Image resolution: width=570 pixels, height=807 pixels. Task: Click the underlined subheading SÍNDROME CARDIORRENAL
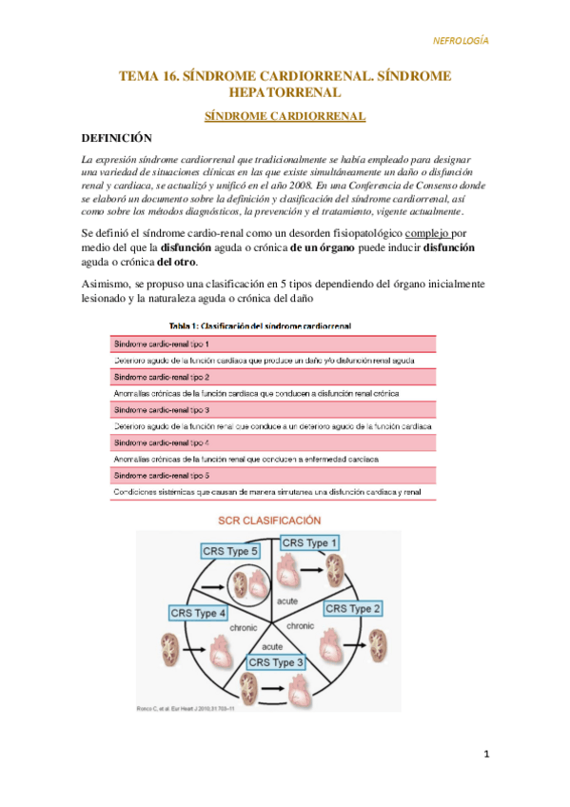coord(285,116)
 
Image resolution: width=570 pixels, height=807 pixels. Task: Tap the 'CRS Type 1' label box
coord(309,542)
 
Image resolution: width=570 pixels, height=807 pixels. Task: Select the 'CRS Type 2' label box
coord(354,608)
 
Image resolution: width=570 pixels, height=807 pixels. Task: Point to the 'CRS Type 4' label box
coord(198,613)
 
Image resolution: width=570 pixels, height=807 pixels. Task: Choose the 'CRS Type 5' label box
coord(230,551)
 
